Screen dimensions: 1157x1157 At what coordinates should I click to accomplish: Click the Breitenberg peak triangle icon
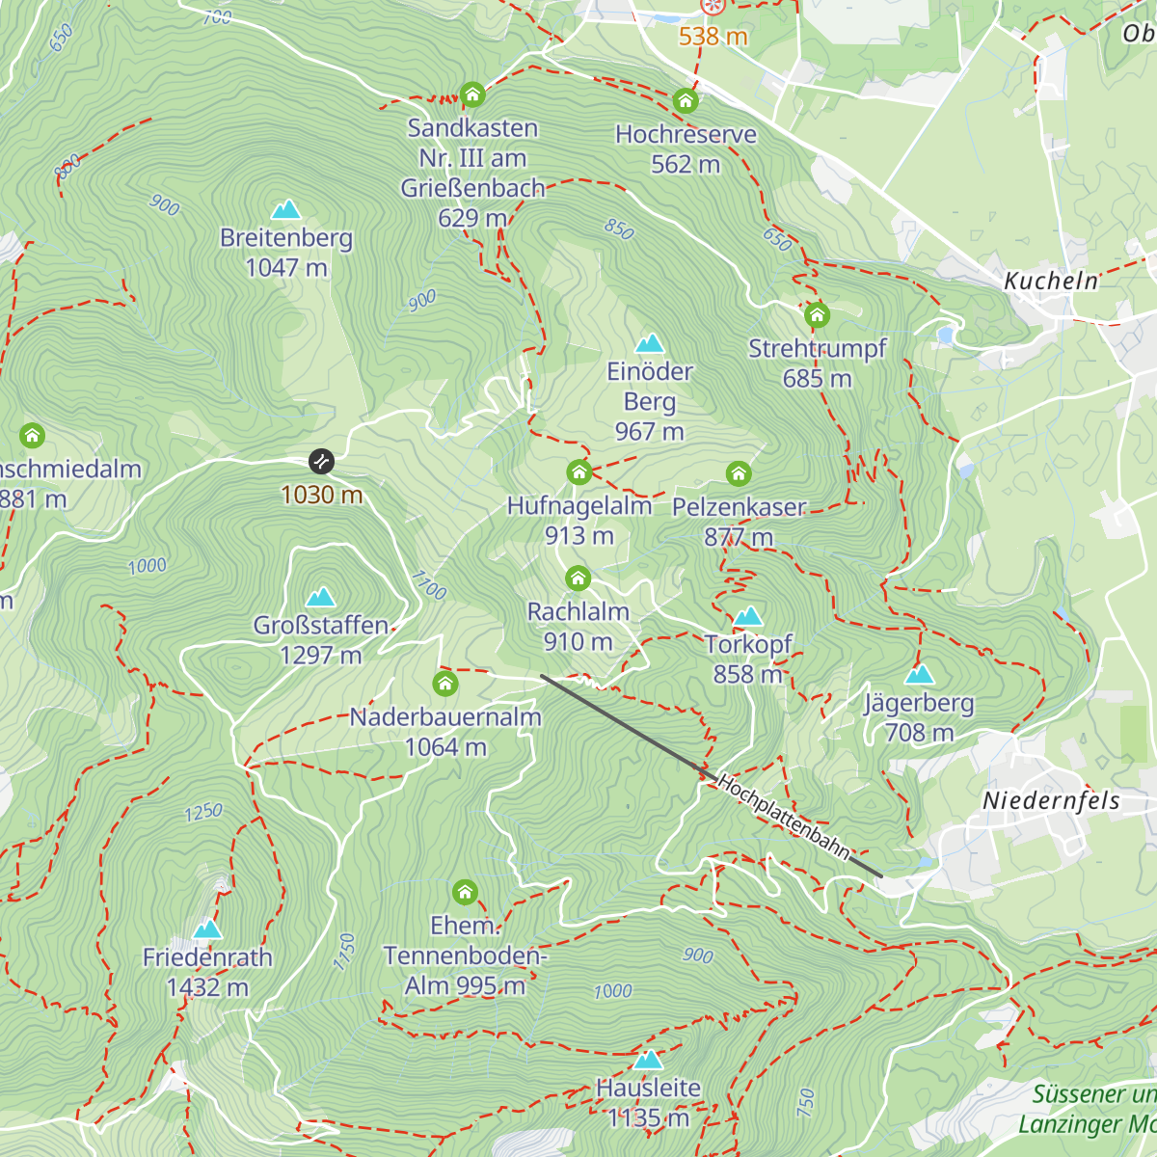[285, 210]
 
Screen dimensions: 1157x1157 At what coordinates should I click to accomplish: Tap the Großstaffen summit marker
[320, 598]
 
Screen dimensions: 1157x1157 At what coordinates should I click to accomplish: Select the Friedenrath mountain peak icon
[207, 929]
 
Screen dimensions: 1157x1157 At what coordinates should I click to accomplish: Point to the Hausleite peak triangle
[648, 1061]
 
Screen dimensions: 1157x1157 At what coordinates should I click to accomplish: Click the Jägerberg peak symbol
[920, 674]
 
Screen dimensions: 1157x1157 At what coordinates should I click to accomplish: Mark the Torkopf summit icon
[748, 616]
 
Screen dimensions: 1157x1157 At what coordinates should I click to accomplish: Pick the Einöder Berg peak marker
[650, 344]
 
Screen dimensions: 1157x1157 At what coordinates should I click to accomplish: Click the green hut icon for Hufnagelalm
[578, 472]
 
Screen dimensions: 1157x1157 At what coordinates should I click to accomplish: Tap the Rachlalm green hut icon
[578, 578]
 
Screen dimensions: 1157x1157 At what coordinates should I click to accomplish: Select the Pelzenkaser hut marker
[739, 473]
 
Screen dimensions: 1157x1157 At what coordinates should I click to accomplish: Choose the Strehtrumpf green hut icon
[817, 315]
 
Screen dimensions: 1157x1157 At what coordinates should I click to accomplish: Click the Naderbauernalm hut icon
[444, 684]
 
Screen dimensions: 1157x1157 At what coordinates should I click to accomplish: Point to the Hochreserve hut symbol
[686, 101]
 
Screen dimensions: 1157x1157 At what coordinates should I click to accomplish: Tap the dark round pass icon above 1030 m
[321, 462]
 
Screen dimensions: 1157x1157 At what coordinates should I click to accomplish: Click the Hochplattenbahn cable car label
[784, 816]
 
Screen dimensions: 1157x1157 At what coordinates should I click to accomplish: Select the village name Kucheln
[1051, 281]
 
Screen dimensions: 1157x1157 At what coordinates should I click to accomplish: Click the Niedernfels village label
[1051, 800]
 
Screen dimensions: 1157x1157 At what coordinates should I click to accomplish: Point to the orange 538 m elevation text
[713, 37]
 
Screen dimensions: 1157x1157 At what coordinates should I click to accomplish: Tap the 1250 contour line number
[203, 813]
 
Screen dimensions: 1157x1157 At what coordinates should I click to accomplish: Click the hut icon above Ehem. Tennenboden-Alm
[465, 892]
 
